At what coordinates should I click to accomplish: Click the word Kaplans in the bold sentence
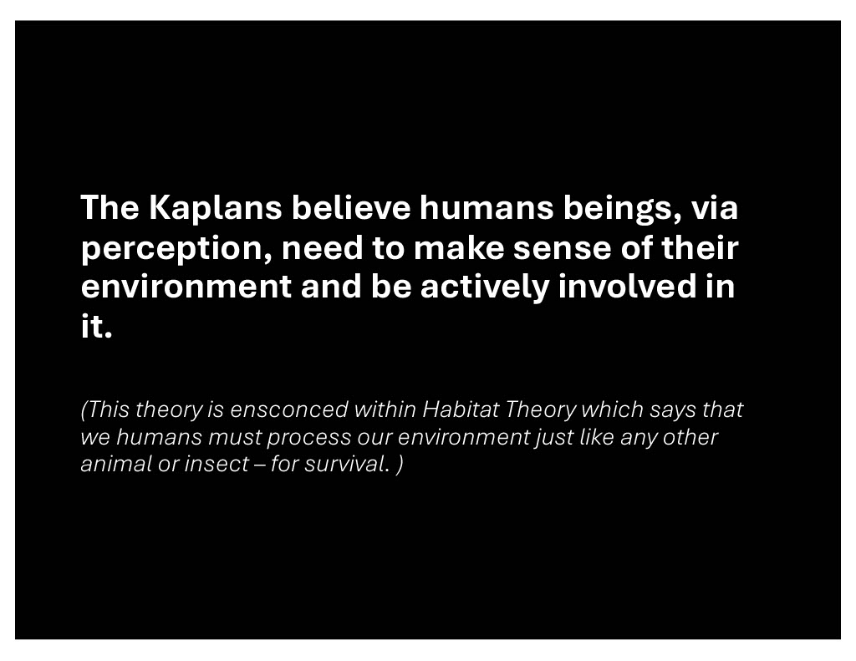point(215,209)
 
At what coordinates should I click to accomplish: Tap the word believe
point(351,207)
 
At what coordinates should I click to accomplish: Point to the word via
point(715,207)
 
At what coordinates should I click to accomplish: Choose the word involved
point(627,287)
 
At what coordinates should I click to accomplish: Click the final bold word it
point(97,327)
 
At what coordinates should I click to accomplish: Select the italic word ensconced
point(288,409)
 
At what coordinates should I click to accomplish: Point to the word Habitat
point(461,409)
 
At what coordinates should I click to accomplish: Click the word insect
point(217,464)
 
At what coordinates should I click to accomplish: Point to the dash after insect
point(260,465)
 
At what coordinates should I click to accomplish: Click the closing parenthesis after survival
point(400,465)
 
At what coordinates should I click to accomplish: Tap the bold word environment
point(186,287)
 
